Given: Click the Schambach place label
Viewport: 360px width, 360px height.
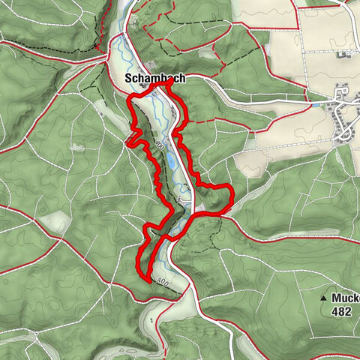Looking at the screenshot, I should tap(154, 78).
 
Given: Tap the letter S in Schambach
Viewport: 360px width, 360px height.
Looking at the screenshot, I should tap(128, 78).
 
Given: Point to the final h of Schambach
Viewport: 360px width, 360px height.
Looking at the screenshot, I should tap(181, 78).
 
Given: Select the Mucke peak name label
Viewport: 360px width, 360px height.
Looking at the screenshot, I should tap(344, 298).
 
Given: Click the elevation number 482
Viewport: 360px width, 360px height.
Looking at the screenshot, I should tap(339, 310).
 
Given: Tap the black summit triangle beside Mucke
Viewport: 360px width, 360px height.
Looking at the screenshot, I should tap(323, 298).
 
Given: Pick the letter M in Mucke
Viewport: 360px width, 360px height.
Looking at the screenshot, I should tap(334, 298).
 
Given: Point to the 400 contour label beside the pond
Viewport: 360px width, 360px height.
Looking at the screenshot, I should tap(160, 142).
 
